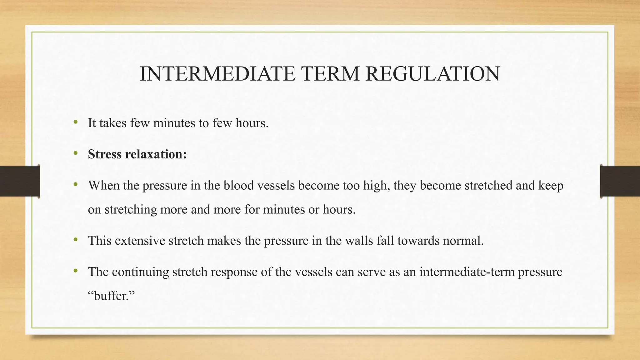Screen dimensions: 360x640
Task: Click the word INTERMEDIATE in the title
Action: click(x=217, y=74)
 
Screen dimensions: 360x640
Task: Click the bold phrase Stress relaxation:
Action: click(x=137, y=154)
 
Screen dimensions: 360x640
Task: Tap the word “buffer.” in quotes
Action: click(x=111, y=295)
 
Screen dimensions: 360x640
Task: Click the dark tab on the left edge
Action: click(x=20, y=181)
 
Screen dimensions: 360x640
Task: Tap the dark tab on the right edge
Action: click(x=620, y=181)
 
